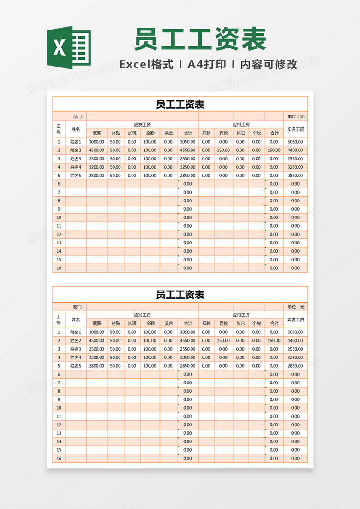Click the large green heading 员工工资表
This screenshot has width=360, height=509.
pos(200,39)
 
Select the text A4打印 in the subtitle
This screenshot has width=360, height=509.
pos(207,65)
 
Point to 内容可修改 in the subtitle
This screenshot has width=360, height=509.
pos(269,65)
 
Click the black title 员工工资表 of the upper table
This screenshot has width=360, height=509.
pos(180,104)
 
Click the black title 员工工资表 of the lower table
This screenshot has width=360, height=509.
pos(180,295)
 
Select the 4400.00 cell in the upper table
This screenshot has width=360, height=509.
pos(295,150)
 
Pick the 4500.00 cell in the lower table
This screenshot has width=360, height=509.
pos(97,340)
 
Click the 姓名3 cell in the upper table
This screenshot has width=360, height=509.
pos(76,158)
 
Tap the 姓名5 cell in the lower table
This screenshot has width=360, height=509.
pos(76,366)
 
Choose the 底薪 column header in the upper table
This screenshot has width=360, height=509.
pos(97,133)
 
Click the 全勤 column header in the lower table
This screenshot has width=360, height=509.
pos(150,323)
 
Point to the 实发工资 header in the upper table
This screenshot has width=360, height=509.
pos(295,129)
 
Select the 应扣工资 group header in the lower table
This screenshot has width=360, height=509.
pos(241,315)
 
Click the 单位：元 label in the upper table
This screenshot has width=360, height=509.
pos(295,116)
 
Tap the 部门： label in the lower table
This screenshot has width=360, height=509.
pos(79,307)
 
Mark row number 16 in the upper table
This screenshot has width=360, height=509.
pos(59,268)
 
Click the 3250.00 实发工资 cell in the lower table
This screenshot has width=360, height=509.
pos(295,358)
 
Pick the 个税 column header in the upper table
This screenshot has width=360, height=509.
pos(257,133)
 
